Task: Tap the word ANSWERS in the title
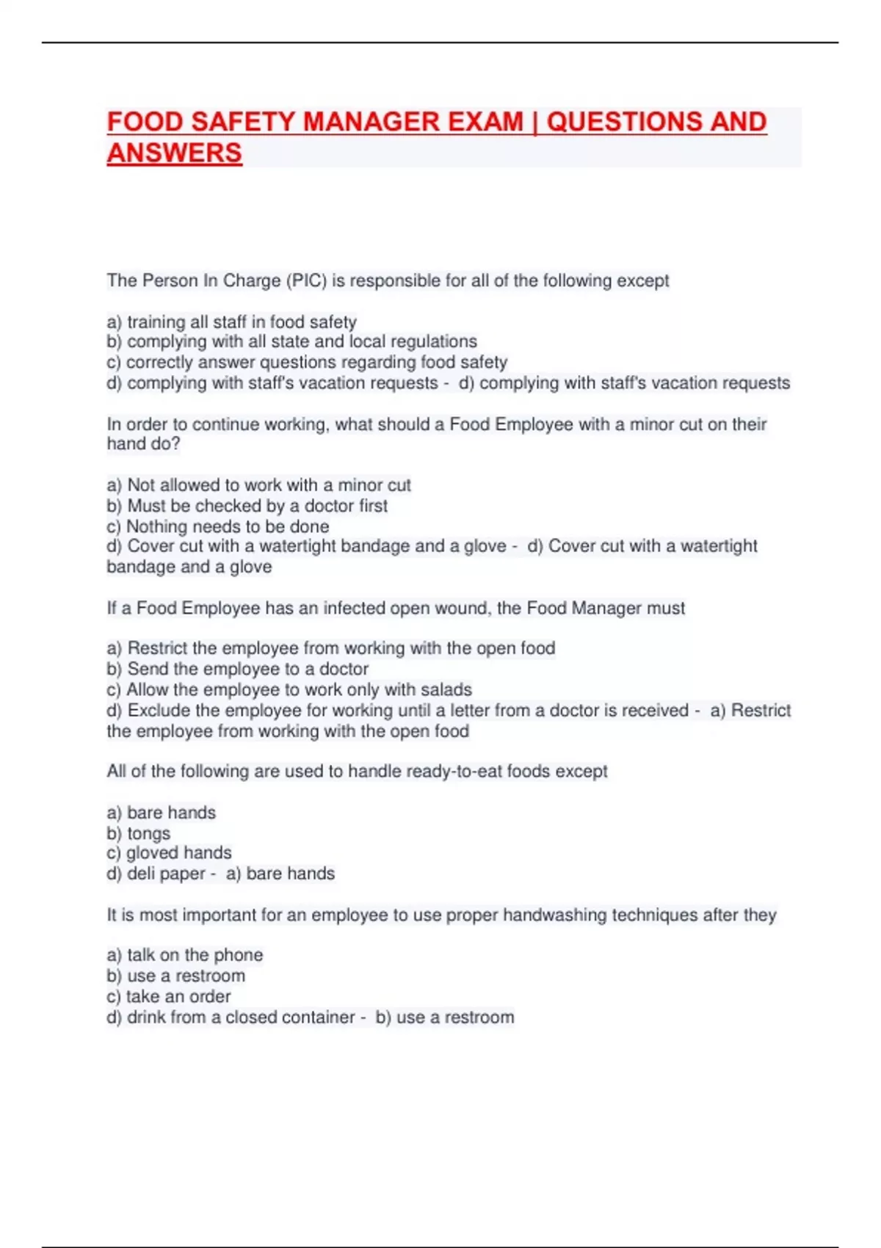[175, 153]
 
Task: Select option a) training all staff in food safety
[232, 322]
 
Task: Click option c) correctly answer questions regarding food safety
[307, 362]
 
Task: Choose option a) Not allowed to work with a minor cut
[258, 485]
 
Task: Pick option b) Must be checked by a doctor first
[247, 506]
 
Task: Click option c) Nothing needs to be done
[217, 526]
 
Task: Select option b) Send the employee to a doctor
[237, 669]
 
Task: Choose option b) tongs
[139, 833]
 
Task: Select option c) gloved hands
[169, 853]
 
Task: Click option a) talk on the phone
[185, 955]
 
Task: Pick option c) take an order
[169, 996]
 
